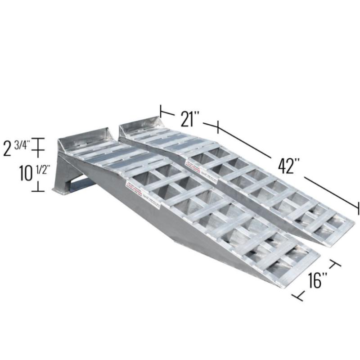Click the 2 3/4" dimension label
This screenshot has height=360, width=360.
(16, 147)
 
